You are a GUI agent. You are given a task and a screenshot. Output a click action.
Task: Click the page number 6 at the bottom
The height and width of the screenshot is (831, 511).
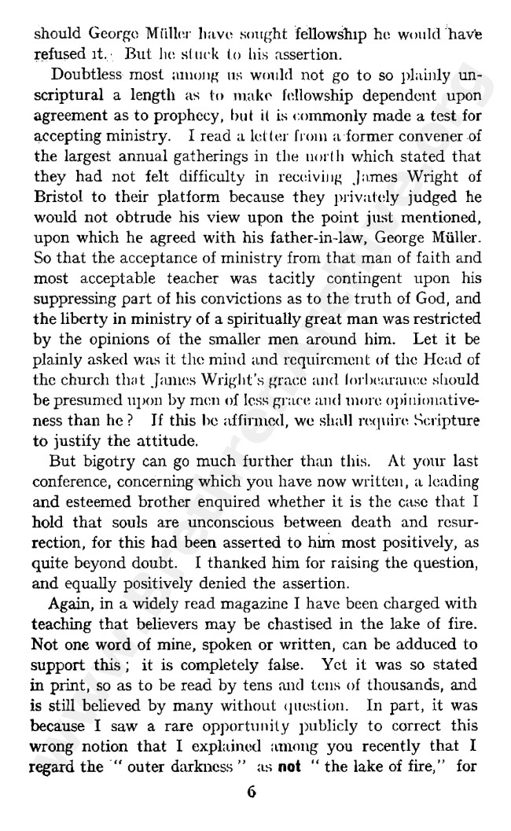point(251,792)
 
